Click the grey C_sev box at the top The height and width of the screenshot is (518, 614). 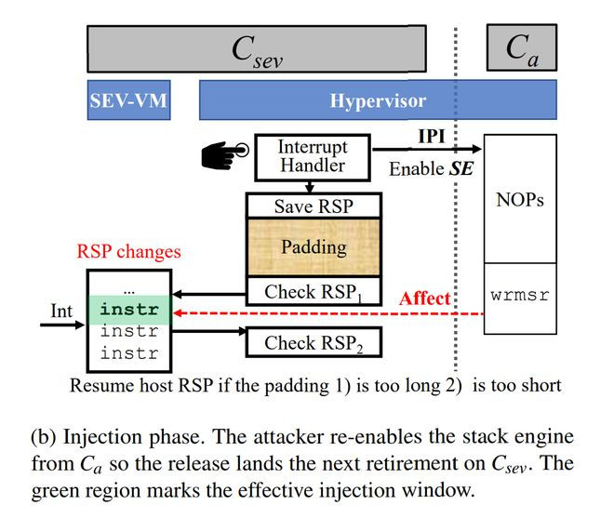(257, 49)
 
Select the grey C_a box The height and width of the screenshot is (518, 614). (521, 49)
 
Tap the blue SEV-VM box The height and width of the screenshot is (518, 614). (128, 100)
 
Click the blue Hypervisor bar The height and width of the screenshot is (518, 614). (378, 100)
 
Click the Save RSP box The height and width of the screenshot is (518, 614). (313, 206)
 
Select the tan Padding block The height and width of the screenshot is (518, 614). (313, 248)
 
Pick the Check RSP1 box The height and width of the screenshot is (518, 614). (313, 291)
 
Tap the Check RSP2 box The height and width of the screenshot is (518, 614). (313, 342)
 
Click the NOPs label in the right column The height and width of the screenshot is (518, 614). (520, 200)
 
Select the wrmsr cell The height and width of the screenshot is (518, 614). (520, 297)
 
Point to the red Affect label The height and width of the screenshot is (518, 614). (424, 299)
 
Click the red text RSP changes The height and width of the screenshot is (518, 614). (129, 251)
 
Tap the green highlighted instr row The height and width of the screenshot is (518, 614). (128, 310)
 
